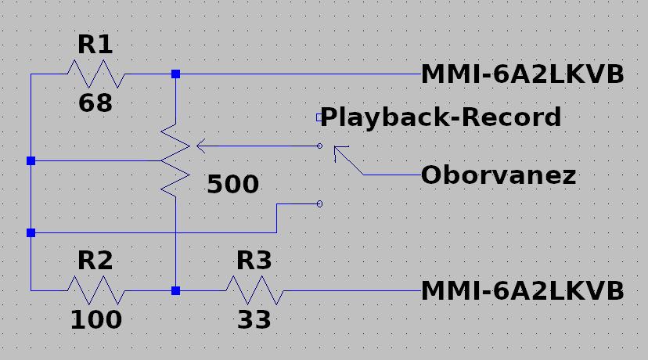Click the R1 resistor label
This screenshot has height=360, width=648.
[x=95, y=45]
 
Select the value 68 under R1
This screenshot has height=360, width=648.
[x=95, y=103]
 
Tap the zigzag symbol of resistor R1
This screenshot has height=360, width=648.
[x=96, y=74]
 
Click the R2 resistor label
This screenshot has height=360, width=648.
[x=95, y=261]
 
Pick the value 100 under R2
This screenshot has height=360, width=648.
[x=96, y=319]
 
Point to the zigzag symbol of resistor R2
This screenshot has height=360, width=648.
[x=96, y=290]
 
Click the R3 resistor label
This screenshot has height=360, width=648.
[x=254, y=261]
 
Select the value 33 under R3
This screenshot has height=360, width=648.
[x=254, y=319]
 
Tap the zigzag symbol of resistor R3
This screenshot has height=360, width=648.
[x=254, y=290]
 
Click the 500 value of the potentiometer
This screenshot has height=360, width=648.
[x=232, y=184]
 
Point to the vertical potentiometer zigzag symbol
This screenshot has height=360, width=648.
[x=175, y=160]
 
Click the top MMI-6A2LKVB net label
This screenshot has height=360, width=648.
[x=522, y=74]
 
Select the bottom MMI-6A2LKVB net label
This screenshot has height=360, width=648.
[x=522, y=290]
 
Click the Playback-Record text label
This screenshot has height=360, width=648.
[x=441, y=117]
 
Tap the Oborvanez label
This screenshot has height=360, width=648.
[x=499, y=175]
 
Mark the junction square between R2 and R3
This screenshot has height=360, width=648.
[x=175, y=290]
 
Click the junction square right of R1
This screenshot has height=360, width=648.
[x=175, y=74]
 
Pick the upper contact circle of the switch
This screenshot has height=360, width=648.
[x=319, y=146]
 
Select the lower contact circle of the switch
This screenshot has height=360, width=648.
[x=319, y=203]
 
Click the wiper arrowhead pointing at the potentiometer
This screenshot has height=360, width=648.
[x=201, y=146]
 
